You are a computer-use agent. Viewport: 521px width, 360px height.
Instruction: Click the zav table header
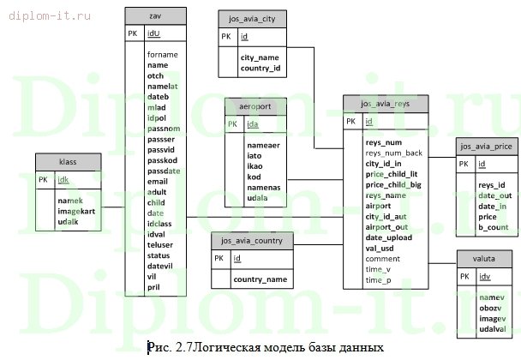pos(155,15)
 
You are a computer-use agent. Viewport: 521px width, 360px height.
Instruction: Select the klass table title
pos(68,161)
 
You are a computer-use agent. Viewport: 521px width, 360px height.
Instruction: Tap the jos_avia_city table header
pos(252,18)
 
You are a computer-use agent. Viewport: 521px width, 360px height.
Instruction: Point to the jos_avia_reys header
pos(386,103)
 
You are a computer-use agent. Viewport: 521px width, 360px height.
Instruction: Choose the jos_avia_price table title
pos(485,145)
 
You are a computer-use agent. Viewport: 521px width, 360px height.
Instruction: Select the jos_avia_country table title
pos(252,240)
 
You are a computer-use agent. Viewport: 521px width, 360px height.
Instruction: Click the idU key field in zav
pos(154,33)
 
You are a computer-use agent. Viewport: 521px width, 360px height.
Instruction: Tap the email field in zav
pos(158,182)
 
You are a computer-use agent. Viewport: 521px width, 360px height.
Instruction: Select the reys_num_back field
pos(394,153)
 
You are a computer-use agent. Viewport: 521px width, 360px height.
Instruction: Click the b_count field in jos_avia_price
pos(493,227)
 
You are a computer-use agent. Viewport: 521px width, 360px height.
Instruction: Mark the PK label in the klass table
pos(44,180)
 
